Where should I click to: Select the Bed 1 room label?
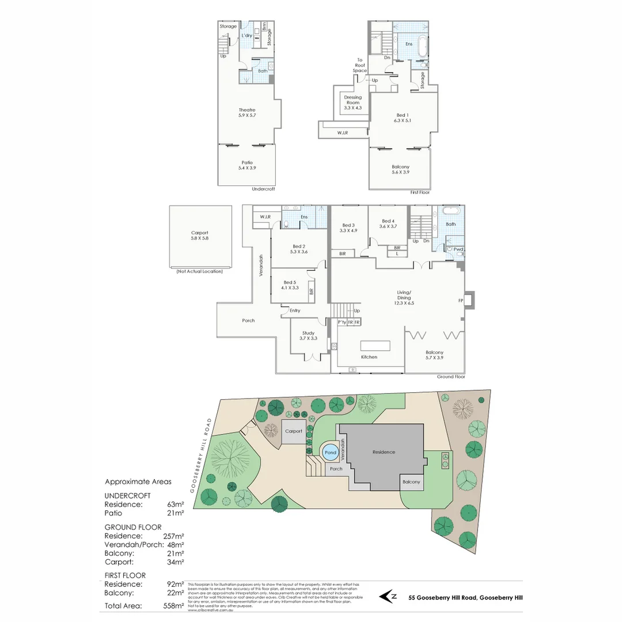tap(401, 117)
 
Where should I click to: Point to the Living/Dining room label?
tap(404, 295)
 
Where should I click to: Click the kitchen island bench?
tap(375, 346)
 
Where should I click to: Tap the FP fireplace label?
tap(460, 301)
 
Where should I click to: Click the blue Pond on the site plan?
tap(331, 453)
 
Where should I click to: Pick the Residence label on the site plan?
tap(384, 452)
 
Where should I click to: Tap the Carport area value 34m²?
tap(175, 562)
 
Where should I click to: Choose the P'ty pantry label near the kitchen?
tap(341, 322)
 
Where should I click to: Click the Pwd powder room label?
tap(458, 249)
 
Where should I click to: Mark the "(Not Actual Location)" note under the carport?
tap(199, 271)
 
